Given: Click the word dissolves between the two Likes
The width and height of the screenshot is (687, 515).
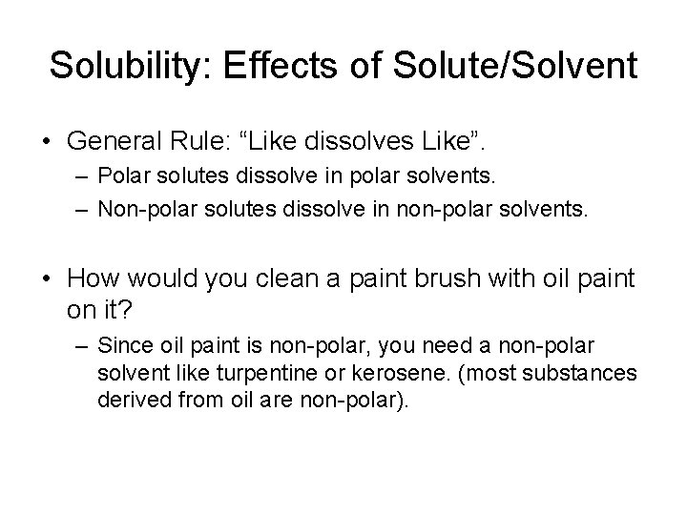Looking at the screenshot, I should [349, 141].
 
